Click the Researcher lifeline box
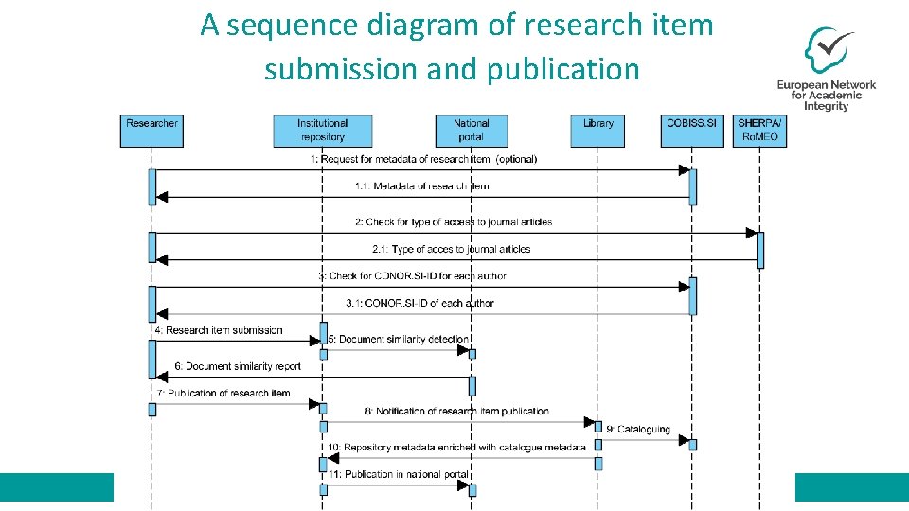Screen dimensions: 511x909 [x=151, y=131]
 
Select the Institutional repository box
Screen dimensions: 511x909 [x=322, y=131]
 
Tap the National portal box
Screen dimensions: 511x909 [x=472, y=131]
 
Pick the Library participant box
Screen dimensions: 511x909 [x=597, y=131]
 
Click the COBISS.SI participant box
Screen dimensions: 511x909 [x=691, y=131]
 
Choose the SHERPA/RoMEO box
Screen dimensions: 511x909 [x=758, y=131]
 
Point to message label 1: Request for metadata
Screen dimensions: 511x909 [x=423, y=159]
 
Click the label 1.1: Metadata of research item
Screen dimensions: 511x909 [x=421, y=186]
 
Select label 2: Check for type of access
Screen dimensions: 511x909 [x=454, y=222]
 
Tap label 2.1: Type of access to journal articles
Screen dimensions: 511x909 [x=451, y=249]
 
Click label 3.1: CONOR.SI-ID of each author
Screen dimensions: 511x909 [x=419, y=303]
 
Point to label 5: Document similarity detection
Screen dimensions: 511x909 [x=398, y=339]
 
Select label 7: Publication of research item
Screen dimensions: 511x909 [x=223, y=393]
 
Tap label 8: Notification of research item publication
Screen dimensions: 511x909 [x=456, y=412]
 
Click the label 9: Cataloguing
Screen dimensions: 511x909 [x=638, y=430]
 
